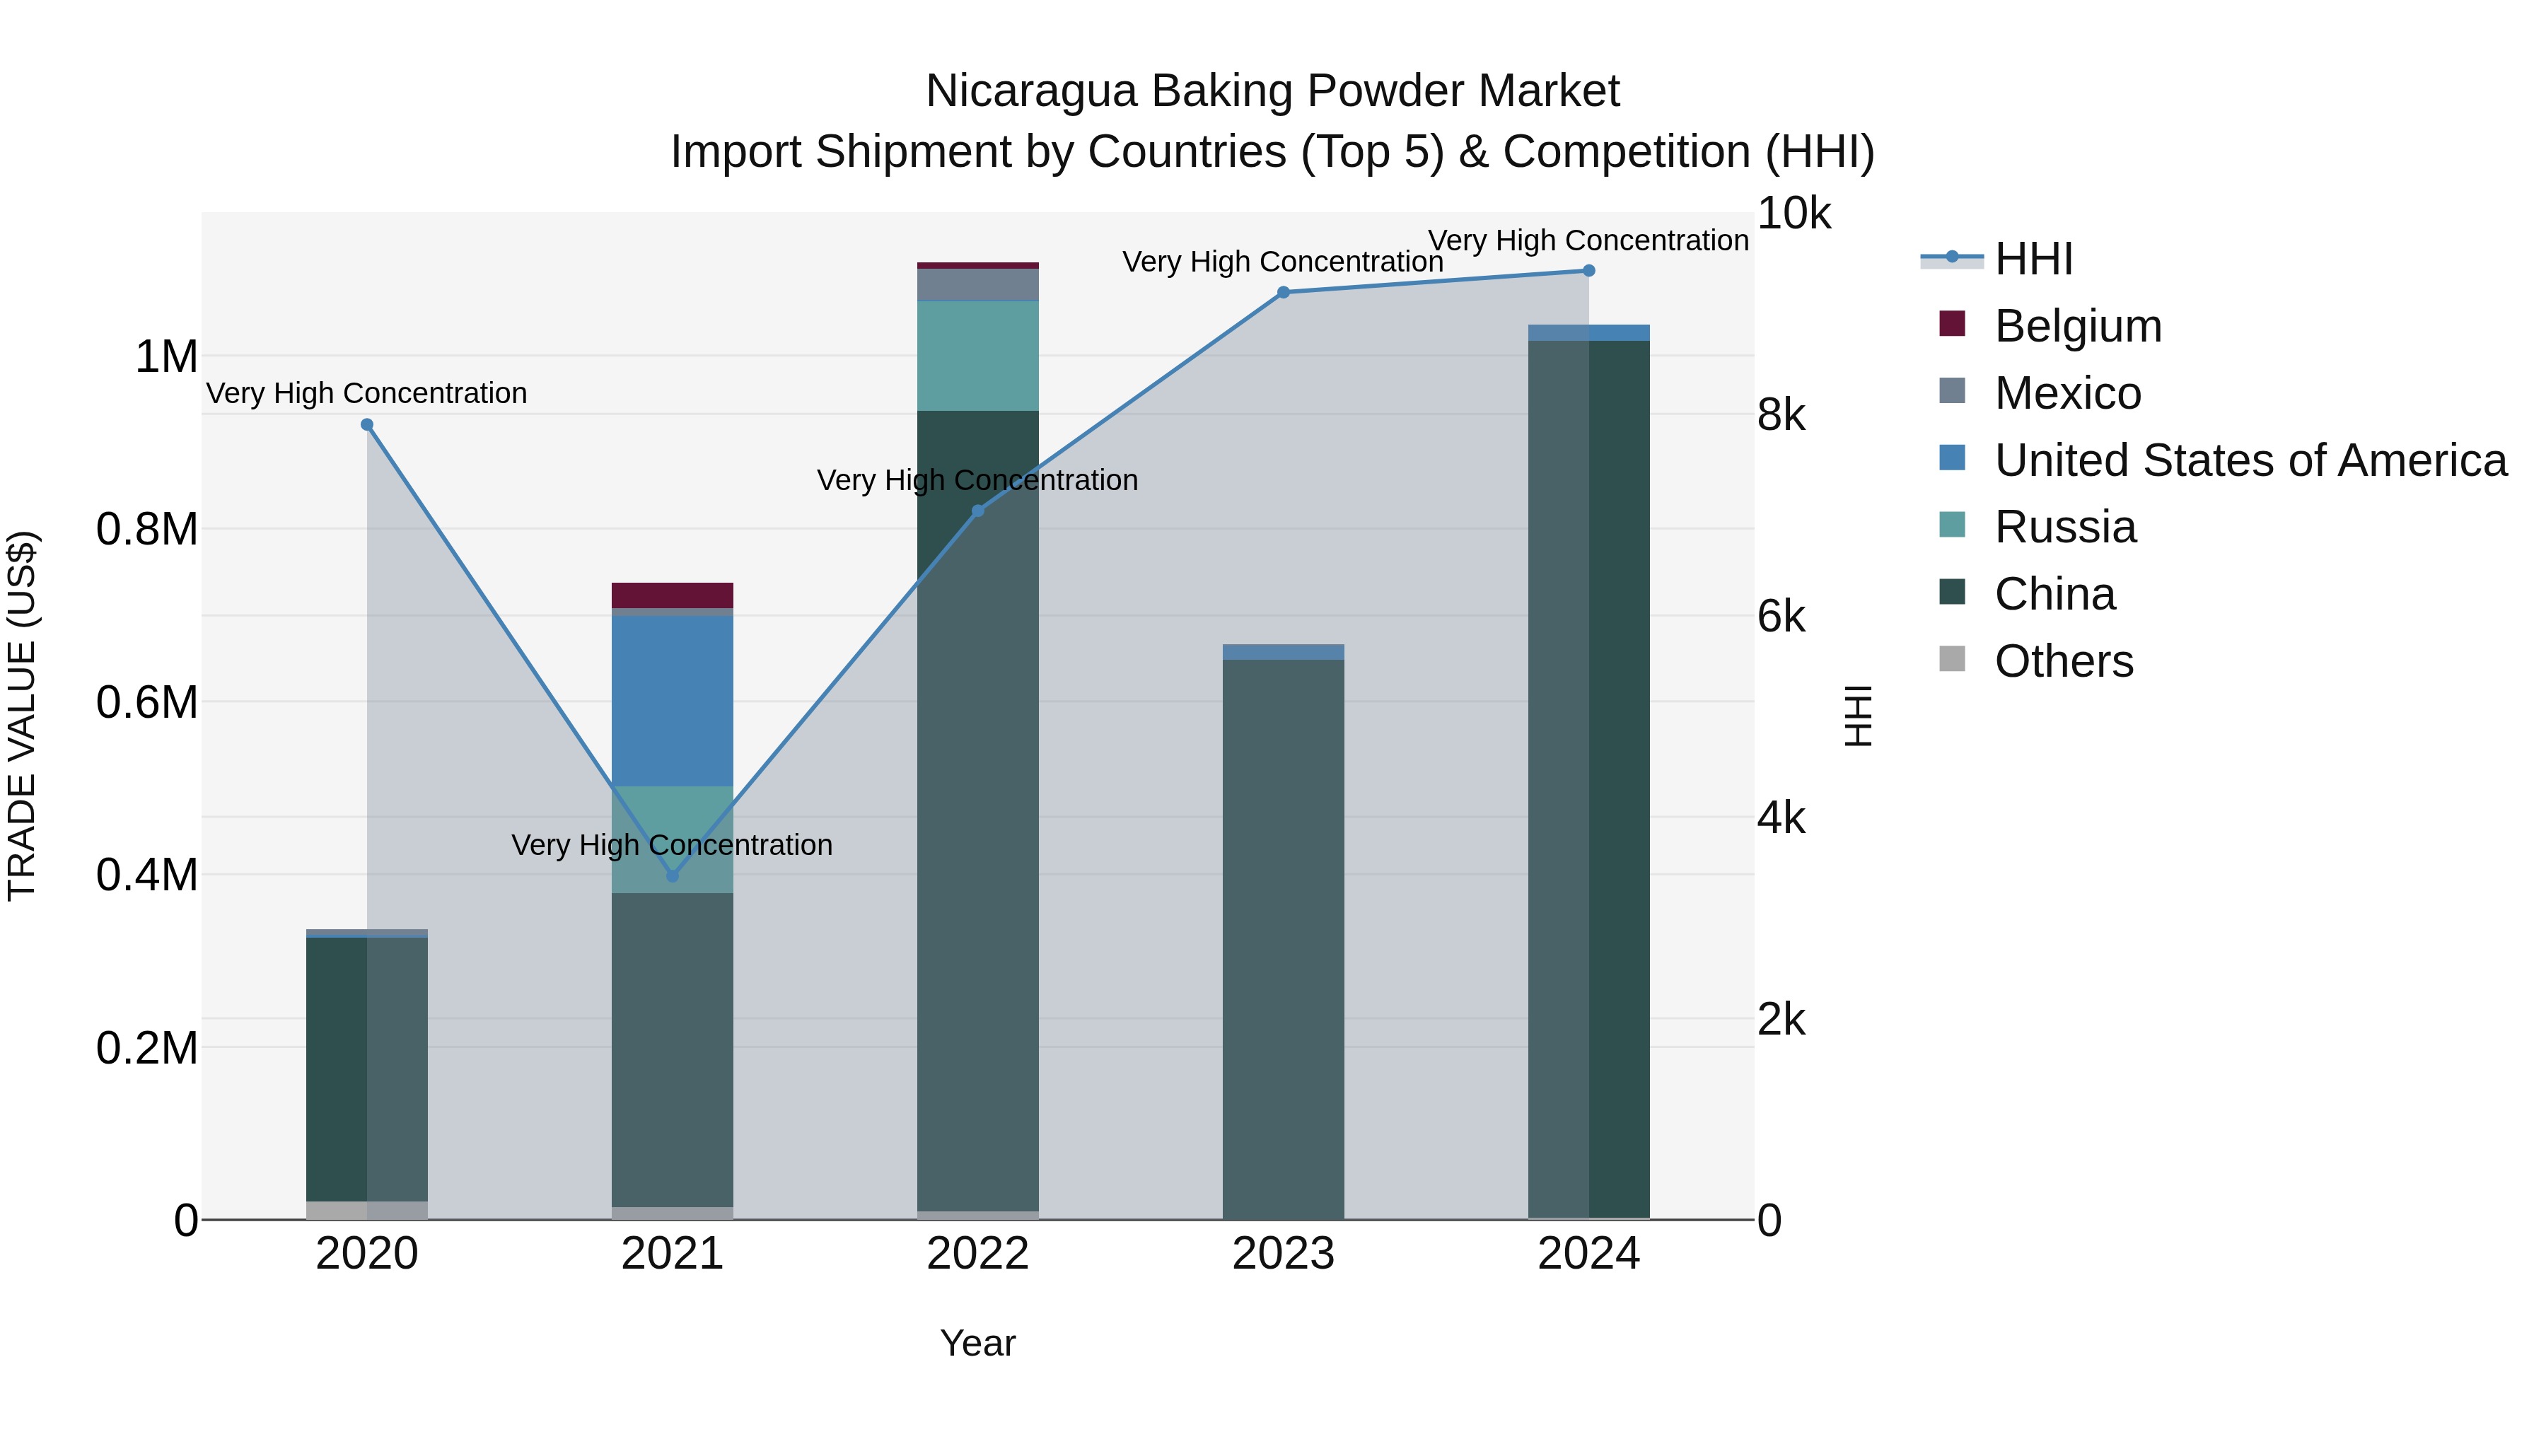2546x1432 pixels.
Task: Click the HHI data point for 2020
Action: [x=366, y=425]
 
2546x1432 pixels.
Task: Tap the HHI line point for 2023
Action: [x=1283, y=293]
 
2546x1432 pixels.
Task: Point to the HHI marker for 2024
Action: [x=1588, y=271]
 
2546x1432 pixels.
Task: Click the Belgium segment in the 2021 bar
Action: [x=672, y=595]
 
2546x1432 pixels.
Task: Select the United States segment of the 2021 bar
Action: [x=672, y=701]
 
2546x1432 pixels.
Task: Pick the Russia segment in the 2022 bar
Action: [x=977, y=356]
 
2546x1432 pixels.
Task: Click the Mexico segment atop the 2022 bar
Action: [x=977, y=284]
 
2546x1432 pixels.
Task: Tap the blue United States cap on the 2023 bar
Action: [x=1283, y=652]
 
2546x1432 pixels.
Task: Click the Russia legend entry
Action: [x=2064, y=527]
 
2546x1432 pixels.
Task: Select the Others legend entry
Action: [x=2064, y=661]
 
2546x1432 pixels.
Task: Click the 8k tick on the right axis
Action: [x=1781, y=416]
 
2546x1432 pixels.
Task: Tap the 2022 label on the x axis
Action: [x=977, y=1254]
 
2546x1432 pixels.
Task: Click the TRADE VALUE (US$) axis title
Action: [x=22, y=716]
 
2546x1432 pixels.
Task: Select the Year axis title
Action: [x=977, y=1343]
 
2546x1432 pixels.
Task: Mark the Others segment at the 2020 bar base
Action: [x=366, y=1210]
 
